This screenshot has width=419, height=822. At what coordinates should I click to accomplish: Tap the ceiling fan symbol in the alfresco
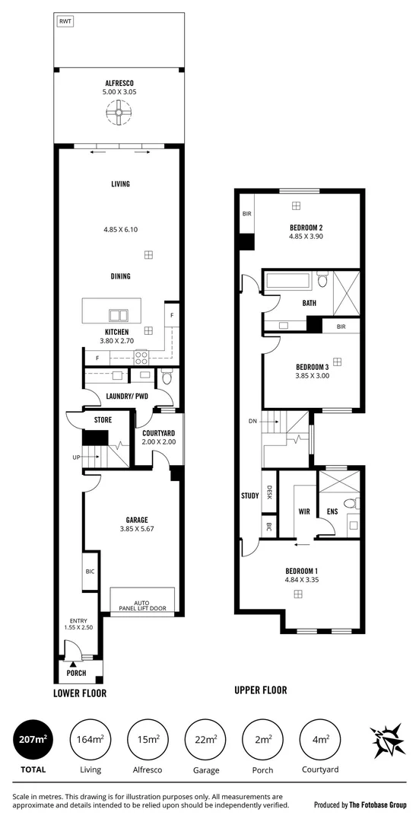[118, 115]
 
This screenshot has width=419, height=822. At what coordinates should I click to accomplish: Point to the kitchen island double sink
[118, 314]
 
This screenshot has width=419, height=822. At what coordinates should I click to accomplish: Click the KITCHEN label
[116, 332]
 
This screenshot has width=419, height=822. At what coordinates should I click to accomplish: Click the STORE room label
[103, 419]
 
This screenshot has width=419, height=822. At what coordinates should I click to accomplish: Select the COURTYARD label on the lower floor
[159, 433]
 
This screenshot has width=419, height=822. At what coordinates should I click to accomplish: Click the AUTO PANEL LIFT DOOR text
[143, 605]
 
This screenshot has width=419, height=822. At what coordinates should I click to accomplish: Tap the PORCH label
[76, 674]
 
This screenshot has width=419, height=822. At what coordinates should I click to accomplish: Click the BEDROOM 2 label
[306, 228]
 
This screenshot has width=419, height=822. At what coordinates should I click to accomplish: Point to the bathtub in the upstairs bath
[288, 280]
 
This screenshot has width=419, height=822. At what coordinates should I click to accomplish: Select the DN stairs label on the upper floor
[252, 421]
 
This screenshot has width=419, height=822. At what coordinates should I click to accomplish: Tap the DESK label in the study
[269, 495]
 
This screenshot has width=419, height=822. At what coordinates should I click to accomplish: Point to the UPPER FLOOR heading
[261, 690]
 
